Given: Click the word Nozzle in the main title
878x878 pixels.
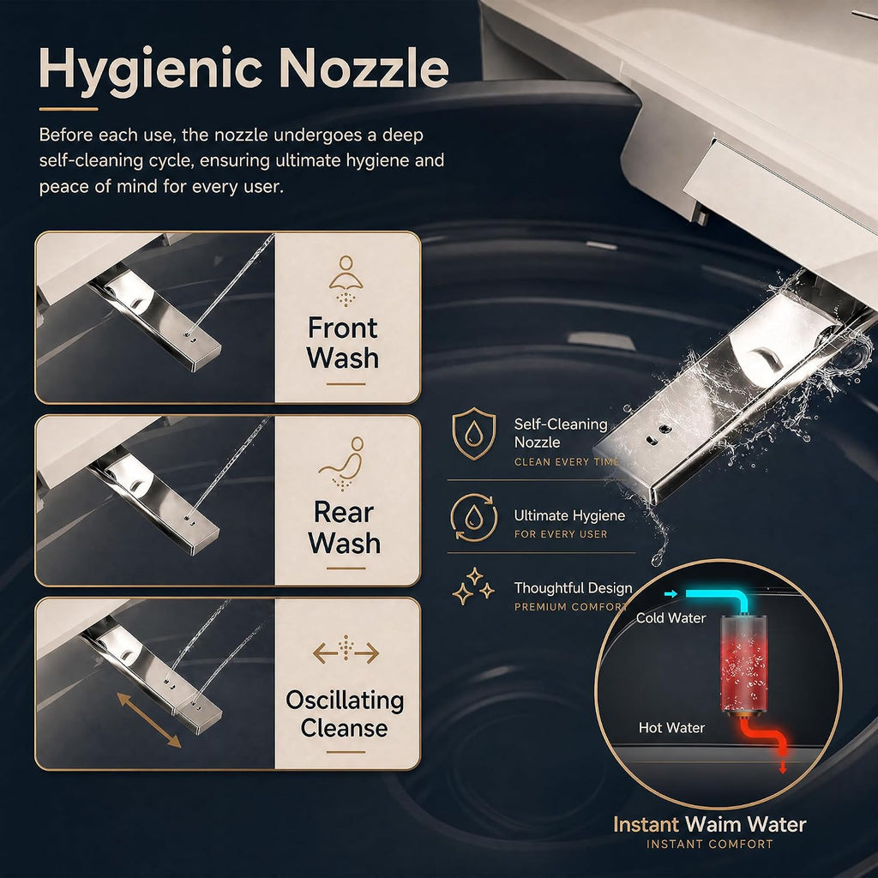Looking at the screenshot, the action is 364,68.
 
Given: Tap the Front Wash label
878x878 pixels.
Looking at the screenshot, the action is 343,343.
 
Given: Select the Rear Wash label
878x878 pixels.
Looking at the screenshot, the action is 345,527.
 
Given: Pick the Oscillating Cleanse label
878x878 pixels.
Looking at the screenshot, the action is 345,714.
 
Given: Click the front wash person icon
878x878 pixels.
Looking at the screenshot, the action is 346,281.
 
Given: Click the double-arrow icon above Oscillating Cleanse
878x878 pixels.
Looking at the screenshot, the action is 346,651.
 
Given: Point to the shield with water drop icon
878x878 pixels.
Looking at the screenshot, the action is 473,433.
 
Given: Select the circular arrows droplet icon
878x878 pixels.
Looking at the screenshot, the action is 473,517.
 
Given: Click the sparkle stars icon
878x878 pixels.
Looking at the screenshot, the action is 473,586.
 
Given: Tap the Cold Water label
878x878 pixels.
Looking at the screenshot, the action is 671,617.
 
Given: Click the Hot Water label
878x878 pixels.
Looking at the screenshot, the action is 671,727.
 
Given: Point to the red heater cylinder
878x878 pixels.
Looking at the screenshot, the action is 743,664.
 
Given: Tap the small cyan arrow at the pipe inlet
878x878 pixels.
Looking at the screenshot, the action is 671,593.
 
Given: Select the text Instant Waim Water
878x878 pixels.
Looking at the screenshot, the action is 709,824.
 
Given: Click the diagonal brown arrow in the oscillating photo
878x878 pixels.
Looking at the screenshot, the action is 149,720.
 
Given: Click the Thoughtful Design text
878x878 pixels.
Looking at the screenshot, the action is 573,588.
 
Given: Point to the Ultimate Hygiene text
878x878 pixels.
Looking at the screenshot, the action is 569,515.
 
